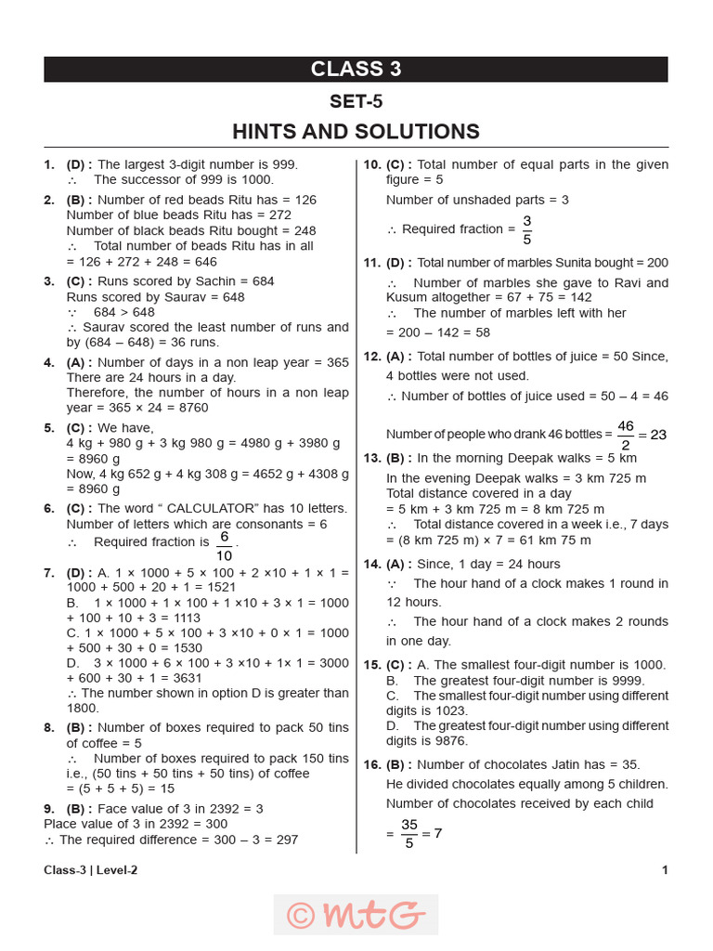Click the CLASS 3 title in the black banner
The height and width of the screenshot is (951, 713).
pyautogui.click(x=356, y=70)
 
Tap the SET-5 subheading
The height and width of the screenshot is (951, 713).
pyautogui.click(x=356, y=101)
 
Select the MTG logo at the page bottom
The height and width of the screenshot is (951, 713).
pyautogui.click(x=356, y=915)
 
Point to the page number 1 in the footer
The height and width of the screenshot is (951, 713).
pyautogui.click(x=664, y=870)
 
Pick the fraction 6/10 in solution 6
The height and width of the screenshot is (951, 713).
pyautogui.click(x=224, y=547)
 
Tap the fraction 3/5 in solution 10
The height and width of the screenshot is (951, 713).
pyautogui.click(x=526, y=228)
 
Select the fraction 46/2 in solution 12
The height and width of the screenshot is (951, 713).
pyautogui.click(x=625, y=434)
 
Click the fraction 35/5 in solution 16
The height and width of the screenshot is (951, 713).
pyautogui.click(x=409, y=833)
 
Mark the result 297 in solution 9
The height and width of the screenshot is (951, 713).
pyautogui.click(x=287, y=840)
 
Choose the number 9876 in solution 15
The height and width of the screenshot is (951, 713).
pyautogui.click(x=451, y=741)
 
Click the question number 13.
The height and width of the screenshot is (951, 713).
pyautogui.click(x=371, y=458)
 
